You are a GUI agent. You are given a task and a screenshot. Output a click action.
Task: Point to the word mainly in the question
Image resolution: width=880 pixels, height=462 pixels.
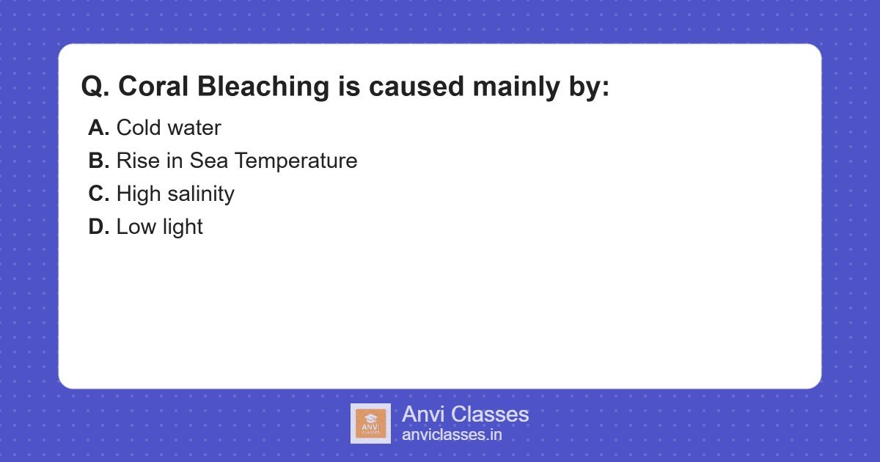pyautogui.click(x=518, y=87)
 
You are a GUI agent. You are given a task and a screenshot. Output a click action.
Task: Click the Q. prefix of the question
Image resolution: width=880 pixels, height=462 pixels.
pyautogui.click(x=95, y=87)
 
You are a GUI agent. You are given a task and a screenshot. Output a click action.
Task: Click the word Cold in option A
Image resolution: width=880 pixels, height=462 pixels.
pyautogui.click(x=139, y=128)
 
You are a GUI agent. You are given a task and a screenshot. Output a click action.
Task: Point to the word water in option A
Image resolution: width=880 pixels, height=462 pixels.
pyautogui.click(x=194, y=128)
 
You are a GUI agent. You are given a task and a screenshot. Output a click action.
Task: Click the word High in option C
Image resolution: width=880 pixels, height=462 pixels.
pyautogui.click(x=140, y=194)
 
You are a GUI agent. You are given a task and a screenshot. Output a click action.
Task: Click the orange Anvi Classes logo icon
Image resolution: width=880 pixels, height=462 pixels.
pyautogui.click(x=370, y=423)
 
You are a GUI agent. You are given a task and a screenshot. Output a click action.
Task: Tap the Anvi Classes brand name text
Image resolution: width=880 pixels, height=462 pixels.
pyautogui.click(x=465, y=414)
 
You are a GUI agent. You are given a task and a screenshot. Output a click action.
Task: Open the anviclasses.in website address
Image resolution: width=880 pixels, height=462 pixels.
pyautogui.click(x=452, y=435)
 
